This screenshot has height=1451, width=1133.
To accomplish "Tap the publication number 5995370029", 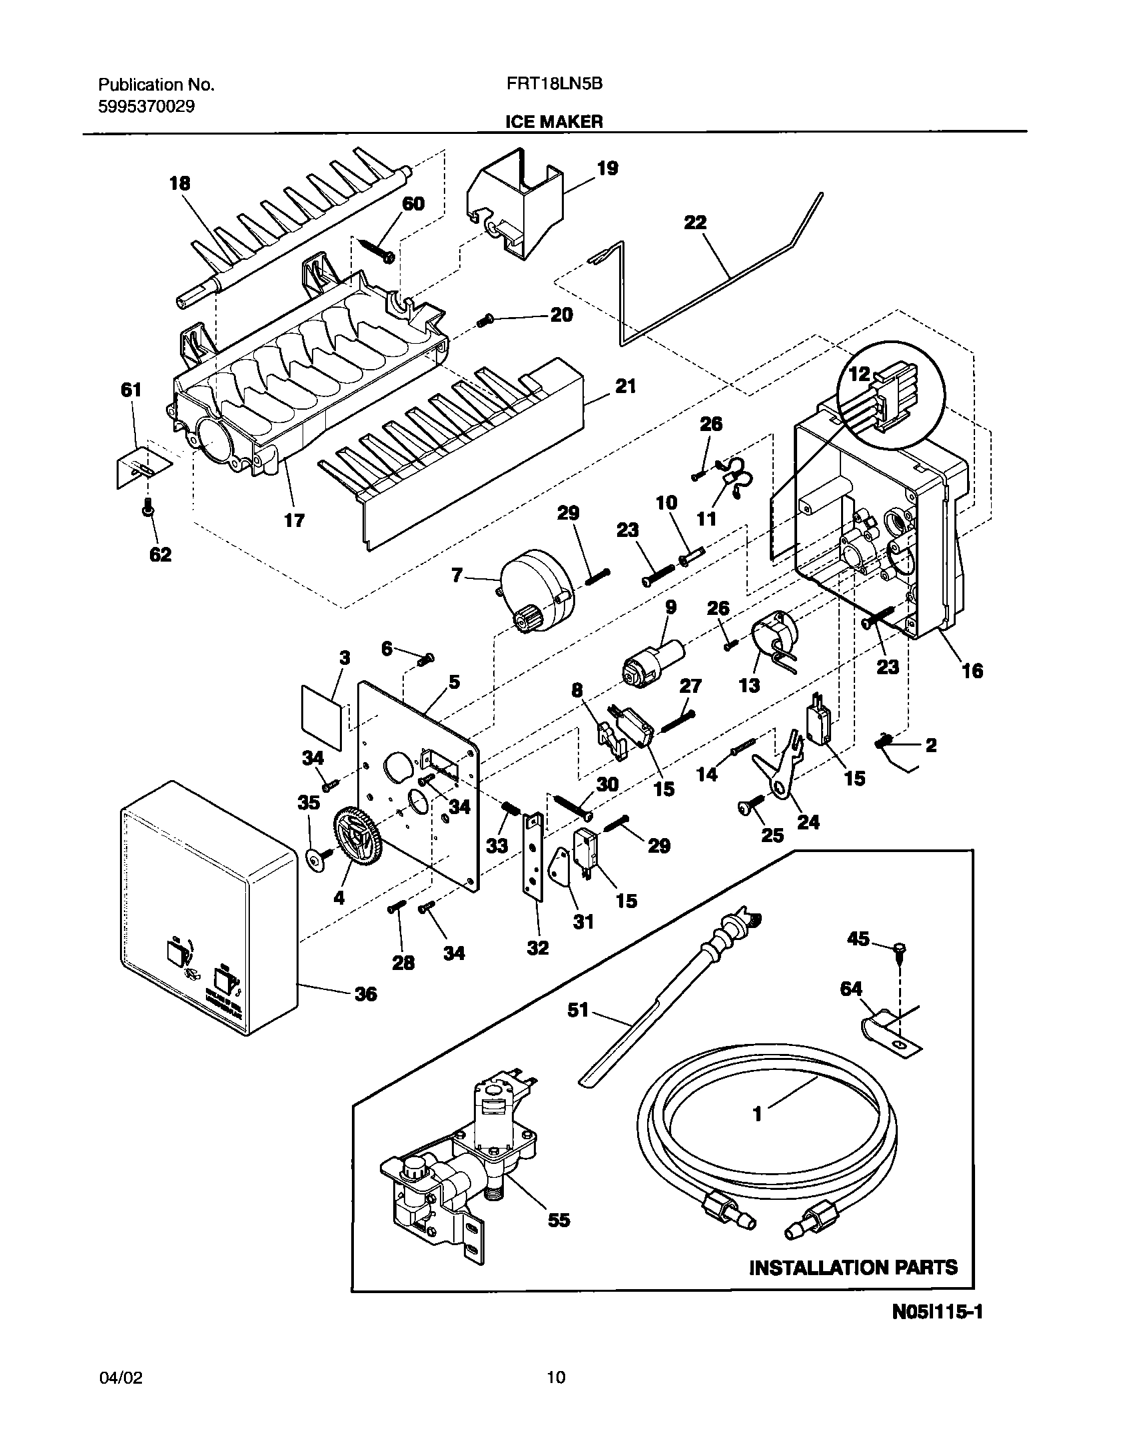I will click(x=146, y=107).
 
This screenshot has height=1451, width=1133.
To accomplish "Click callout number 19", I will click(x=607, y=169).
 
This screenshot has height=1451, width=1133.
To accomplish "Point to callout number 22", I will click(x=694, y=223).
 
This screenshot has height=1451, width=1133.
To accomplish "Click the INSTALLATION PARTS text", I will click(x=853, y=1267).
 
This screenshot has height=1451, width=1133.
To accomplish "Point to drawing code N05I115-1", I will click(x=937, y=1331).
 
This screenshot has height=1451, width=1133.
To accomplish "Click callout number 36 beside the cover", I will click(x=365, y=995).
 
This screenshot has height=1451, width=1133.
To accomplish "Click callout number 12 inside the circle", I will click(x=859, y=374).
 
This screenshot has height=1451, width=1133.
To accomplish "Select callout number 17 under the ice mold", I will click(x=294, y=520).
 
